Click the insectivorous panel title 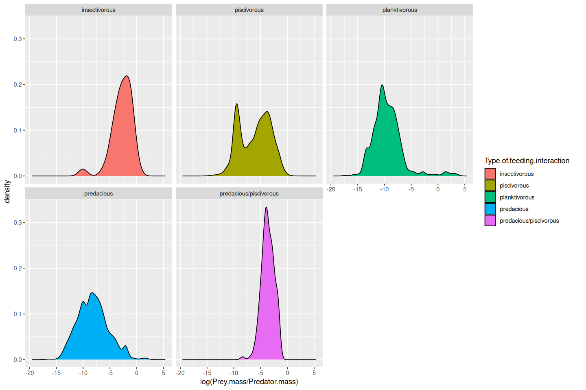click(x=98, y=10)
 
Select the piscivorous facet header click(x=249, y=10)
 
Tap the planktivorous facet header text click(x=400, y=10)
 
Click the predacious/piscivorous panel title click(x=249, y=194)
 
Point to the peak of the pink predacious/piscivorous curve click(x=266, y=208)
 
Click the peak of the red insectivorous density click(x=127, y=76)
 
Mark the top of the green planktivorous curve click(x=382, y=85)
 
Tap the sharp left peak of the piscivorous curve click(x=236, y=104)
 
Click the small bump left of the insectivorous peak click(x=83, y=169)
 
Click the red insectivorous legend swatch click(x=490, y=174)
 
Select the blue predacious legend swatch click(x=490, y=209)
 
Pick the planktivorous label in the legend click(x=517, y=197)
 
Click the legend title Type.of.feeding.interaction click(x=527, y=161)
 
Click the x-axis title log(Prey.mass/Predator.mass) click(x=249, y=382)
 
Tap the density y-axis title click(x=7, y=191)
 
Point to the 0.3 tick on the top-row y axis click(x=18, y=39)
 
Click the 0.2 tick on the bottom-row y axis click(x=18, y=269)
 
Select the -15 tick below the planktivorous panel click(x=357, y=189)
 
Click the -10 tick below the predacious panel click(x=83, y=373)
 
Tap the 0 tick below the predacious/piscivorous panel click(x=287, y=373)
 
